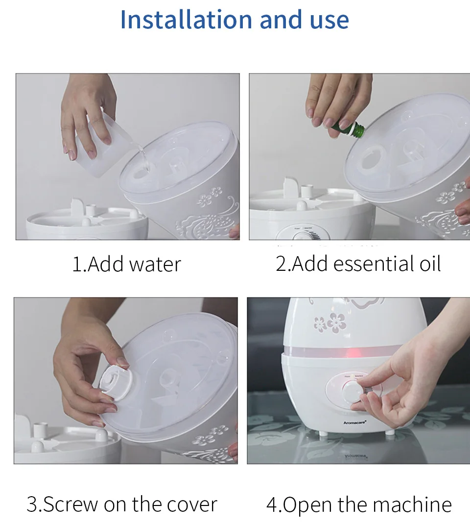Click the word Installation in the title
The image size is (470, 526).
coord(186,20)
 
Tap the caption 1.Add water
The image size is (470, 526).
coord(127,264)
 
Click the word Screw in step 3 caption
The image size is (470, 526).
coord(70,504)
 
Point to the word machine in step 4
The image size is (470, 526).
coord(412,504)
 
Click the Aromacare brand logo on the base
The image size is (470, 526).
coord(354,422)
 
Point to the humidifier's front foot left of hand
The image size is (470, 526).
coord(323,433)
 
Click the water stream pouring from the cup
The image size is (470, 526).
coord(144,160)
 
